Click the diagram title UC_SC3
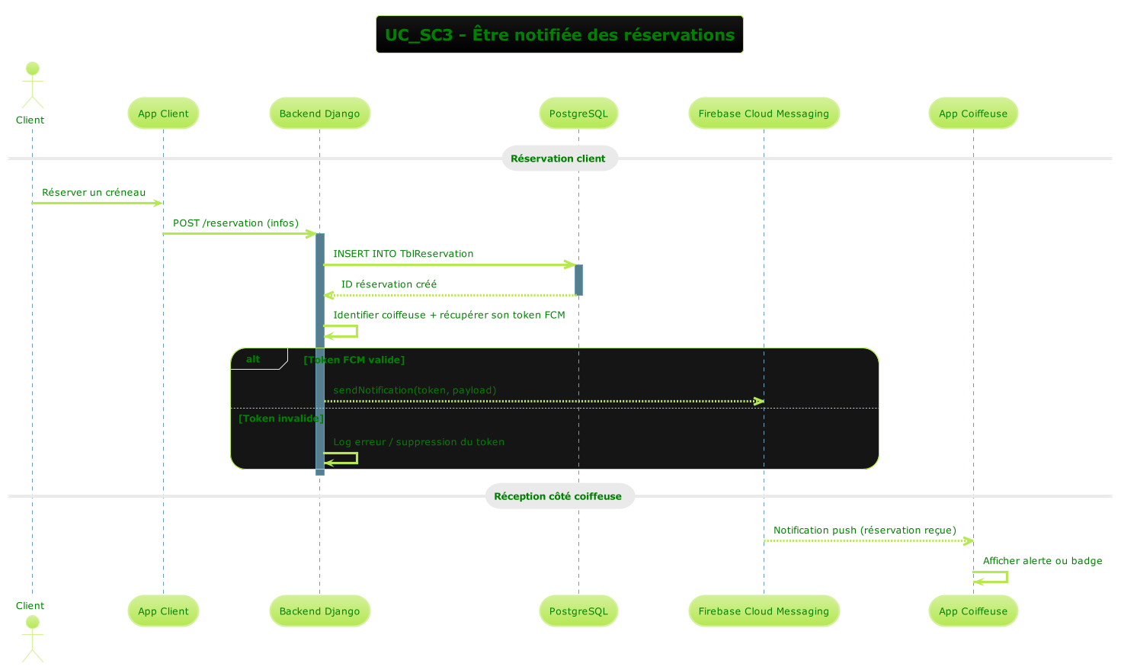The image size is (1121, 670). (559, 35)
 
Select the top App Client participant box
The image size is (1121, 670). (163, 114)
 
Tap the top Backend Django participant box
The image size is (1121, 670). (319, 114)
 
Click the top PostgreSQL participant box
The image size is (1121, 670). (578, 114)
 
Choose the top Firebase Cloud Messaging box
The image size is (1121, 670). (764, 114)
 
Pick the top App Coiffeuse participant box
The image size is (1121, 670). (973, 114)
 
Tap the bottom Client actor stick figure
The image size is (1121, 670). (32, 638)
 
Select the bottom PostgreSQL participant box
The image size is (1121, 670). (578, 611)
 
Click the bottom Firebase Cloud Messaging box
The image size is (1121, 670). (764, 611)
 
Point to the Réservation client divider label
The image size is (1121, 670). (559, 159)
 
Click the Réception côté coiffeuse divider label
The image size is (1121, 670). (559, 496)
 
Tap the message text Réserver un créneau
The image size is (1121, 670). (94, 192)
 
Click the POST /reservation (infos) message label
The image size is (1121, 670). (235, 223)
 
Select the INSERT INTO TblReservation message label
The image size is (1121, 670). (403, 254)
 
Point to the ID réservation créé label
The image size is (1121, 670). (389, 284)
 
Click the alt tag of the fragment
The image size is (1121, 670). (254, 359)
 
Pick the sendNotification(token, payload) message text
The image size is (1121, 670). (415, 390)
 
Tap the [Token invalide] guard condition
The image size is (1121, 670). (281, 418)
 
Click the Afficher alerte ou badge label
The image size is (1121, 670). (1042, 561)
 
